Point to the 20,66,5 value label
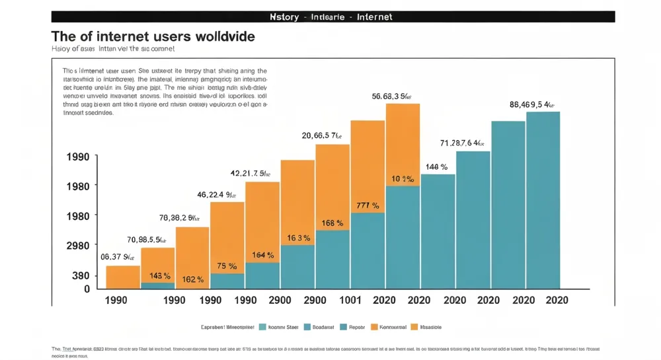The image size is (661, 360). click(x=322, y=136)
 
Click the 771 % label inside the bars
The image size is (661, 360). click(x=368, y=206)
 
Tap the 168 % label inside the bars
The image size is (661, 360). click(x=332, y=223)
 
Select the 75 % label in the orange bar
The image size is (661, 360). click(x=227, y=266)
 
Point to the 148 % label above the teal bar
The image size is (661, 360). click(x=437, y=167)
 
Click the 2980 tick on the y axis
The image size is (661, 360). click(x=77, y=246)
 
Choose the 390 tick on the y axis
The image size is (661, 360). click(x=81, y=275)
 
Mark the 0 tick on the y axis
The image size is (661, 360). click(x=87, y=289)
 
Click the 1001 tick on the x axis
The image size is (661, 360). click(x=350, y=300)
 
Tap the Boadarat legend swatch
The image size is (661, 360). click(x=307, y=327)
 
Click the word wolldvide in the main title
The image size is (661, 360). click(x=219, y=36)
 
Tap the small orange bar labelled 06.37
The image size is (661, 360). click(x=123, y=277)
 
